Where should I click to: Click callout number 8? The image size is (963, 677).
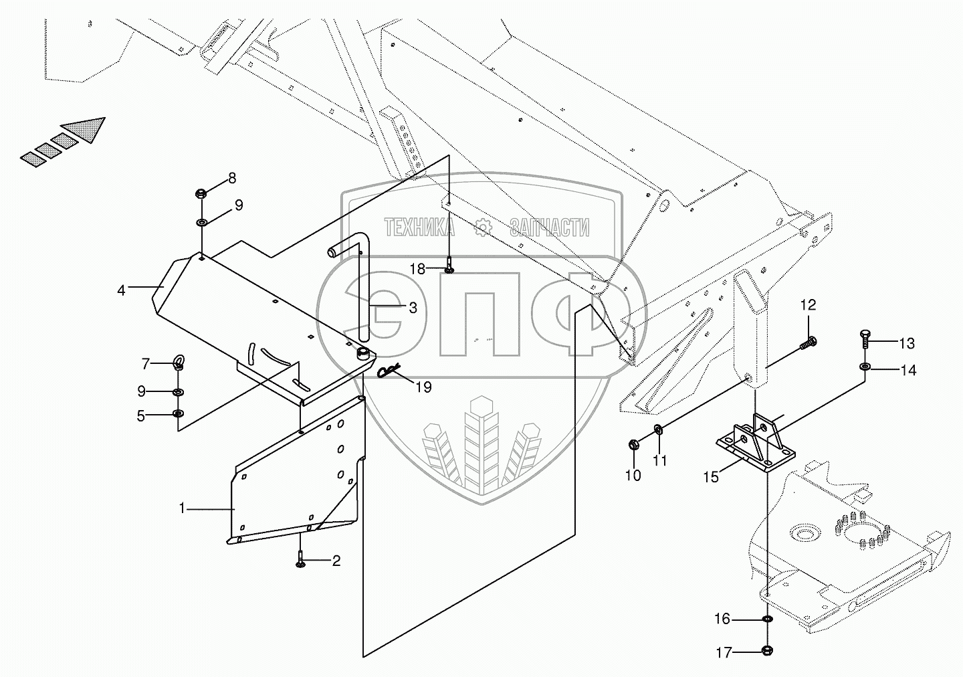tap(232, 178)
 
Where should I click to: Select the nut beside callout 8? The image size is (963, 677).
tap(200, 194)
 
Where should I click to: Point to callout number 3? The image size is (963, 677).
tap(413, 307)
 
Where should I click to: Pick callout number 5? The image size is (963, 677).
tap(140, 415)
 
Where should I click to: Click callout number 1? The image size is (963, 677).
tap(181, 508)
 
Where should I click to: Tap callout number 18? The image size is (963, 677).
tap(417, 269)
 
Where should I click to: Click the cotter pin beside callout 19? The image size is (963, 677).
tap(389, 371)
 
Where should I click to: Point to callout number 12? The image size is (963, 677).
tap(809, 306)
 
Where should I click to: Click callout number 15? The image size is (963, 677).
tap(710, 476)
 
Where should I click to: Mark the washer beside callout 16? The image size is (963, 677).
tap(767, 620)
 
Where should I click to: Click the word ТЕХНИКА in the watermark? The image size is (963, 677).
tap(419, 228)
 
